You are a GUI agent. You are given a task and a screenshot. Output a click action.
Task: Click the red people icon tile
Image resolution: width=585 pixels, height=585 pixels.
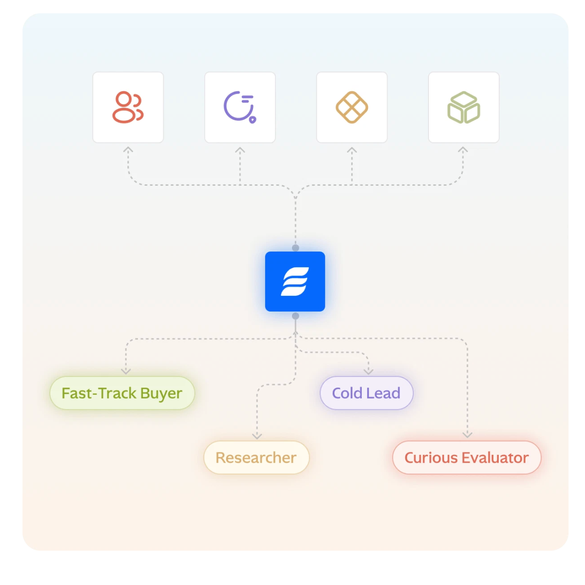(128, 107)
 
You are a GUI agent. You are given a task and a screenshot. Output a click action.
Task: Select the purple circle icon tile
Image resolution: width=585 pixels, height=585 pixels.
(240, 107)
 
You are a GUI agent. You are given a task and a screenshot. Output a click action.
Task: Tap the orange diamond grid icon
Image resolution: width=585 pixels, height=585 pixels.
(351, 107)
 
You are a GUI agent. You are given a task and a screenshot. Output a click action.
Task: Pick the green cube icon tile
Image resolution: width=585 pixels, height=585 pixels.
(464, 107)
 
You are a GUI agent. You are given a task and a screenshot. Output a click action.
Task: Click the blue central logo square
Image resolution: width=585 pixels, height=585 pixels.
(295, 281)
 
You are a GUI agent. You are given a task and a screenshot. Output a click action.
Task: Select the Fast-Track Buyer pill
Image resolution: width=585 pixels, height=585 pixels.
(122, 393)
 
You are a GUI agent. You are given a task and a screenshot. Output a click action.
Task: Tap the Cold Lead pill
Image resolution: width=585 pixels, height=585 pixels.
(366, 393)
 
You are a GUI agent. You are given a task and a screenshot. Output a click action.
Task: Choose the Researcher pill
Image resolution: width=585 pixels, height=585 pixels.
(256, 457)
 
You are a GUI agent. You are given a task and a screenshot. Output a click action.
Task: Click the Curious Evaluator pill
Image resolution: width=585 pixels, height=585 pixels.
(467, 457)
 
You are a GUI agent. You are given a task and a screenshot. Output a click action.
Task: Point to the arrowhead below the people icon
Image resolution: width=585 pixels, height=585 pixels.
(128, 150)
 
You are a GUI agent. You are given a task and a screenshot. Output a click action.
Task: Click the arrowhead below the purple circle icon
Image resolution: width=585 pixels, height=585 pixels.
(240, 150)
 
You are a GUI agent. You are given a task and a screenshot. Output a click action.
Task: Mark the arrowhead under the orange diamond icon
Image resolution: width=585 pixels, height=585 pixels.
(351, 150)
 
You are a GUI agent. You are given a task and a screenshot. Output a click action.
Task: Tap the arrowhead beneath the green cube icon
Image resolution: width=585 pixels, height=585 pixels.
(463, 150)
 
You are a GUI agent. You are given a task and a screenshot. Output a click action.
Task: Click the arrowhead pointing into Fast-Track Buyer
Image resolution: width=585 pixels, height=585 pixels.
(126, 371)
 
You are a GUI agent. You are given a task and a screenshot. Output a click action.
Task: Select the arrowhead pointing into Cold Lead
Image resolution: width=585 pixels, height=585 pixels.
(369, 371)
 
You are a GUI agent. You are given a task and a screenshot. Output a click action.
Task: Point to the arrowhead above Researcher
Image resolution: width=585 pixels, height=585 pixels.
(257, 436)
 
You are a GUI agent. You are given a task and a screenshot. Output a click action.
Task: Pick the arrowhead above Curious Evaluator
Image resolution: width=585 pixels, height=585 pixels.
(467, 435)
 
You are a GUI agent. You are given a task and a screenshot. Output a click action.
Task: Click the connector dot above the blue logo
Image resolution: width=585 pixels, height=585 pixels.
(295, 248)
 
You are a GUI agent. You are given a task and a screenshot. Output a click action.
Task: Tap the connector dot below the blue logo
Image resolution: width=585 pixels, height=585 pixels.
(295, 316)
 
